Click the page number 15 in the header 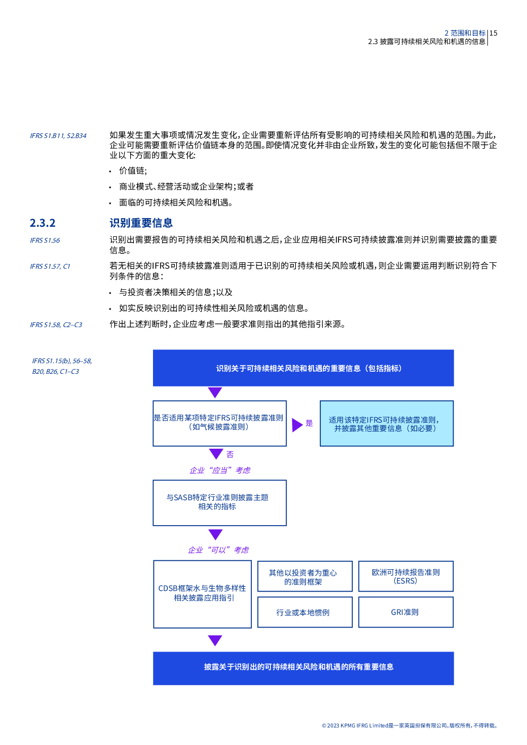pos(494,33)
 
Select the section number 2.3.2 pos(42,223)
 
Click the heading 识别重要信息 pos(141,223)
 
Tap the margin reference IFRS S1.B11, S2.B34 pos(58,136)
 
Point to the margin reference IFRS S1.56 pos(45,240)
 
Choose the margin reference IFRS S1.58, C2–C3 pos(56,324)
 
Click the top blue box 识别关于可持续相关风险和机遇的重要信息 pos(303,368)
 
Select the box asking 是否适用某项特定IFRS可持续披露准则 pos(219,423)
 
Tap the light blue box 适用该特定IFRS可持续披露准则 pos(387,423)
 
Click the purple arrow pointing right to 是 pos(297,425)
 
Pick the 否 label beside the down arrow pos(230,455)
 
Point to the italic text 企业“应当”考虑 pos(220,470)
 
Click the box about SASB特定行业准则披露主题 pos(219,502)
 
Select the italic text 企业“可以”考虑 pos(218,550)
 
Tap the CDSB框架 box pos(202,594)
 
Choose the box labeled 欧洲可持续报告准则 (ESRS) pos(406,576)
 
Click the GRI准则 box pos(406,612)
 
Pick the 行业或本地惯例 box pos(305,612)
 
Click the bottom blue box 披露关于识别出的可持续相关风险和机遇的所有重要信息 pos(303,668)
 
